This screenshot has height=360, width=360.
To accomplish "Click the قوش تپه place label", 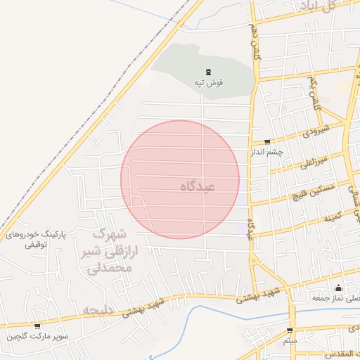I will click(x=210, y=82).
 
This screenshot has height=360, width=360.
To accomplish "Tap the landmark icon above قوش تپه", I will click(x=208, y=72).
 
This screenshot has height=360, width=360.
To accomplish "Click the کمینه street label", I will click(x=333, y=216).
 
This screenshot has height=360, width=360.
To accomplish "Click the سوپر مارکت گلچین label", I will click(x=38, y=337).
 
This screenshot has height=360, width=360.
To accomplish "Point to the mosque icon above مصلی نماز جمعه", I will click(x=338, y=288).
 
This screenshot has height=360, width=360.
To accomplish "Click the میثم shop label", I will click(x=290, y=341).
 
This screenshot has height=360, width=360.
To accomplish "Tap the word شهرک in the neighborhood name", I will click(x=111, y=233).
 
